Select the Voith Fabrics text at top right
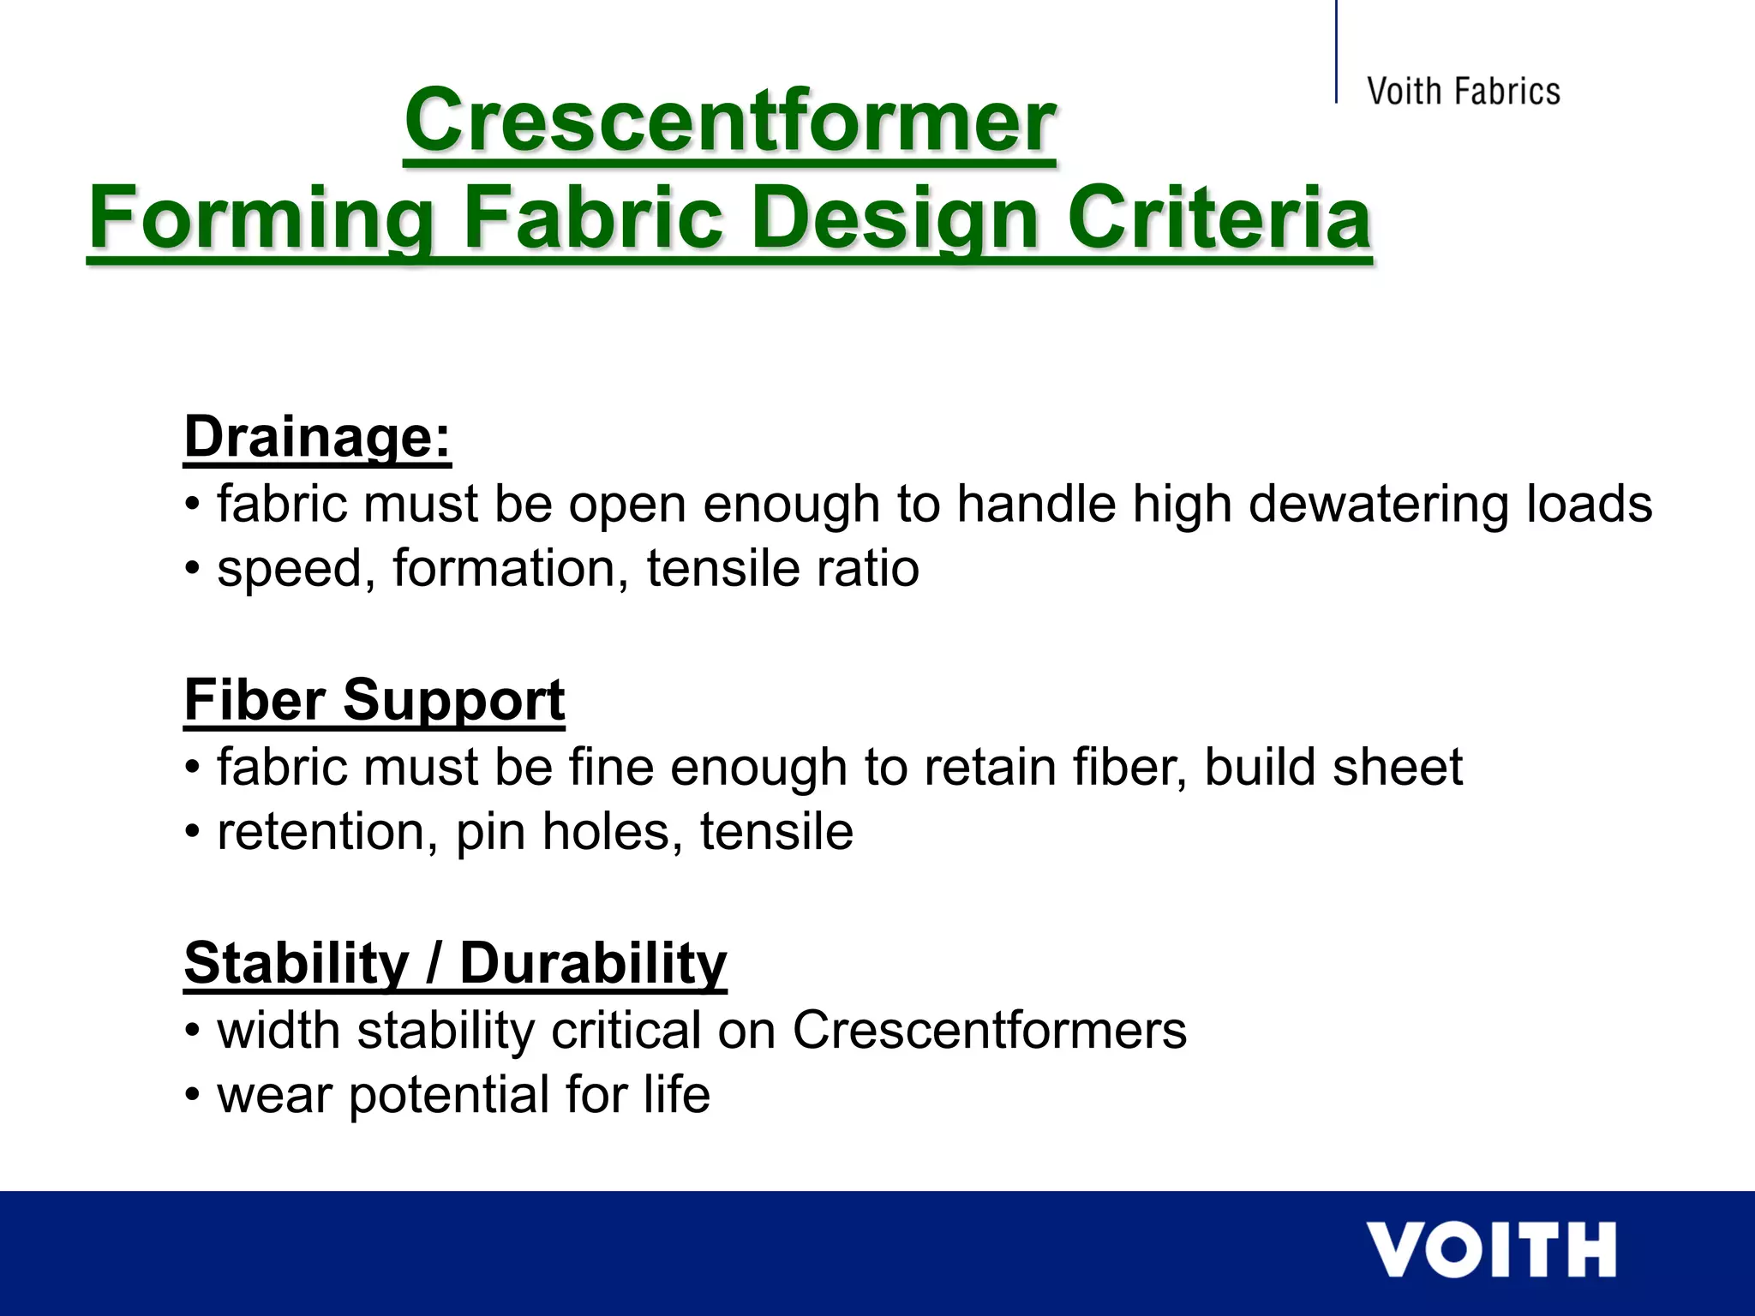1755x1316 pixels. pos(1463,92)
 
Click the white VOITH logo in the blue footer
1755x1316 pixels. pos(1490,1251)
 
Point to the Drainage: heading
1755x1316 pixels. pos(317,437)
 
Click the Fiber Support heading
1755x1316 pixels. pos(374,700)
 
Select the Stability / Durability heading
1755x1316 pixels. pos(455,963)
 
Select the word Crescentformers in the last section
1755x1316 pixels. pos(990,1030)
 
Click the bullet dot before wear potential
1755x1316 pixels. pos(193,1097)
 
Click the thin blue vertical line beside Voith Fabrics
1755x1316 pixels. pos(1336,51)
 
